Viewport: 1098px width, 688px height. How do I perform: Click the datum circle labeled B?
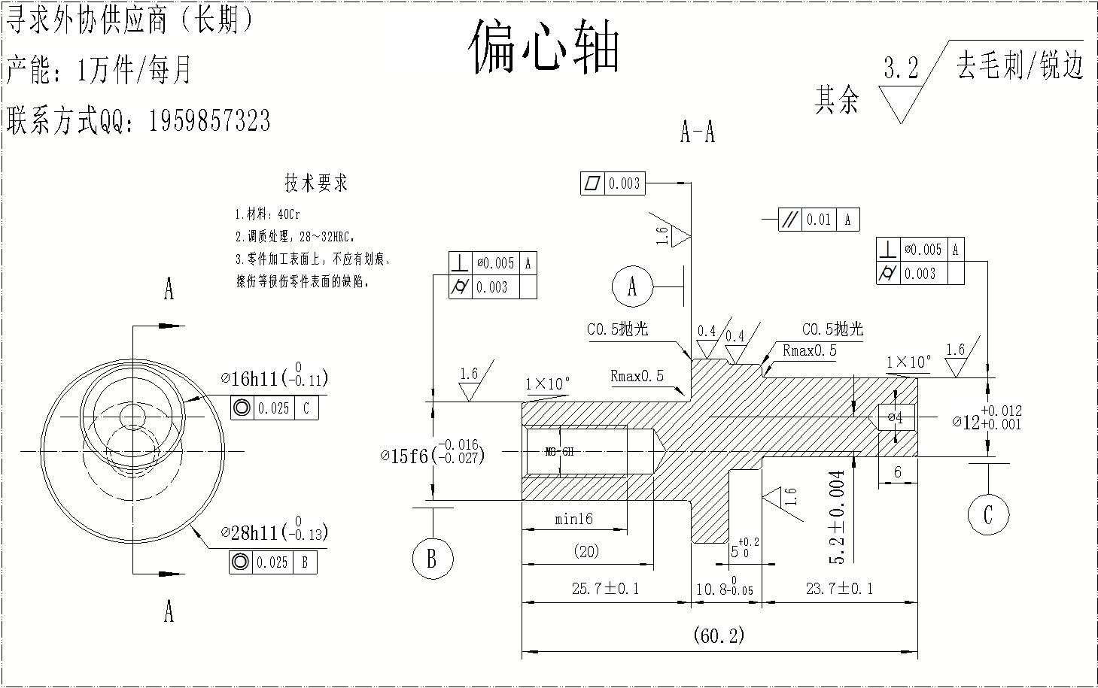pos(431,559)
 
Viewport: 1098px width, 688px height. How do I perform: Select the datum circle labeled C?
pos(987,514)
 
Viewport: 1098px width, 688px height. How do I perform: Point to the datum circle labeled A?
pos(631,286)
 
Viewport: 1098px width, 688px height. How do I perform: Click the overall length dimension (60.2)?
pos(719,635)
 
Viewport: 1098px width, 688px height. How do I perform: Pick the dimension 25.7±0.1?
pos(605,589)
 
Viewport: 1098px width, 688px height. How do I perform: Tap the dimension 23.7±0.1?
pos(839,589)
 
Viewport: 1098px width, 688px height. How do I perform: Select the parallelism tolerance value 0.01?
pos(818,220)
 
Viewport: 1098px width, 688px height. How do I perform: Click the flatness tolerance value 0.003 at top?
pos(624,183)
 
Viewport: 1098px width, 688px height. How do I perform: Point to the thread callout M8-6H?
pos(559,452)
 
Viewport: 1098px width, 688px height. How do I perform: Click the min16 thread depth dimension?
pos(574,519)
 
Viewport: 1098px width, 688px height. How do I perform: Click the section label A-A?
pos(697,133)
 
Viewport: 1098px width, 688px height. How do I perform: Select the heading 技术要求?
pos(316,183)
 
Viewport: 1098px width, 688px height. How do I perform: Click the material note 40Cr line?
pos(268,214)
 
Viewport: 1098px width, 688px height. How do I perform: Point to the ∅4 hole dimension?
pos(895,417)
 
